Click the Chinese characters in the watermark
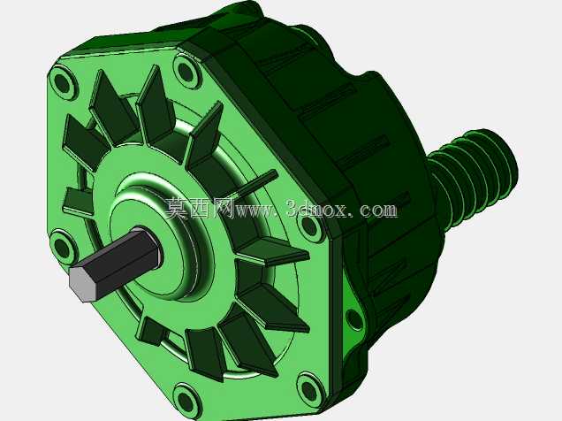pyautogui.click(x=199, y=209)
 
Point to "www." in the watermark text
pyautogui.click(x=259, y=210)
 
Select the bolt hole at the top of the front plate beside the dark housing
pyautogui.click(x=186, y=73)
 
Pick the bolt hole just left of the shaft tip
pyautogui.click(x=62, y=248)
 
